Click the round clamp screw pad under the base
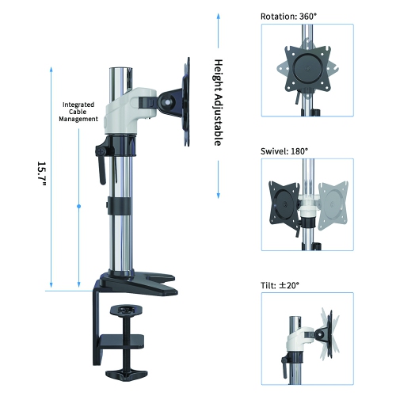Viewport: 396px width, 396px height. click(x=126, y=308)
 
